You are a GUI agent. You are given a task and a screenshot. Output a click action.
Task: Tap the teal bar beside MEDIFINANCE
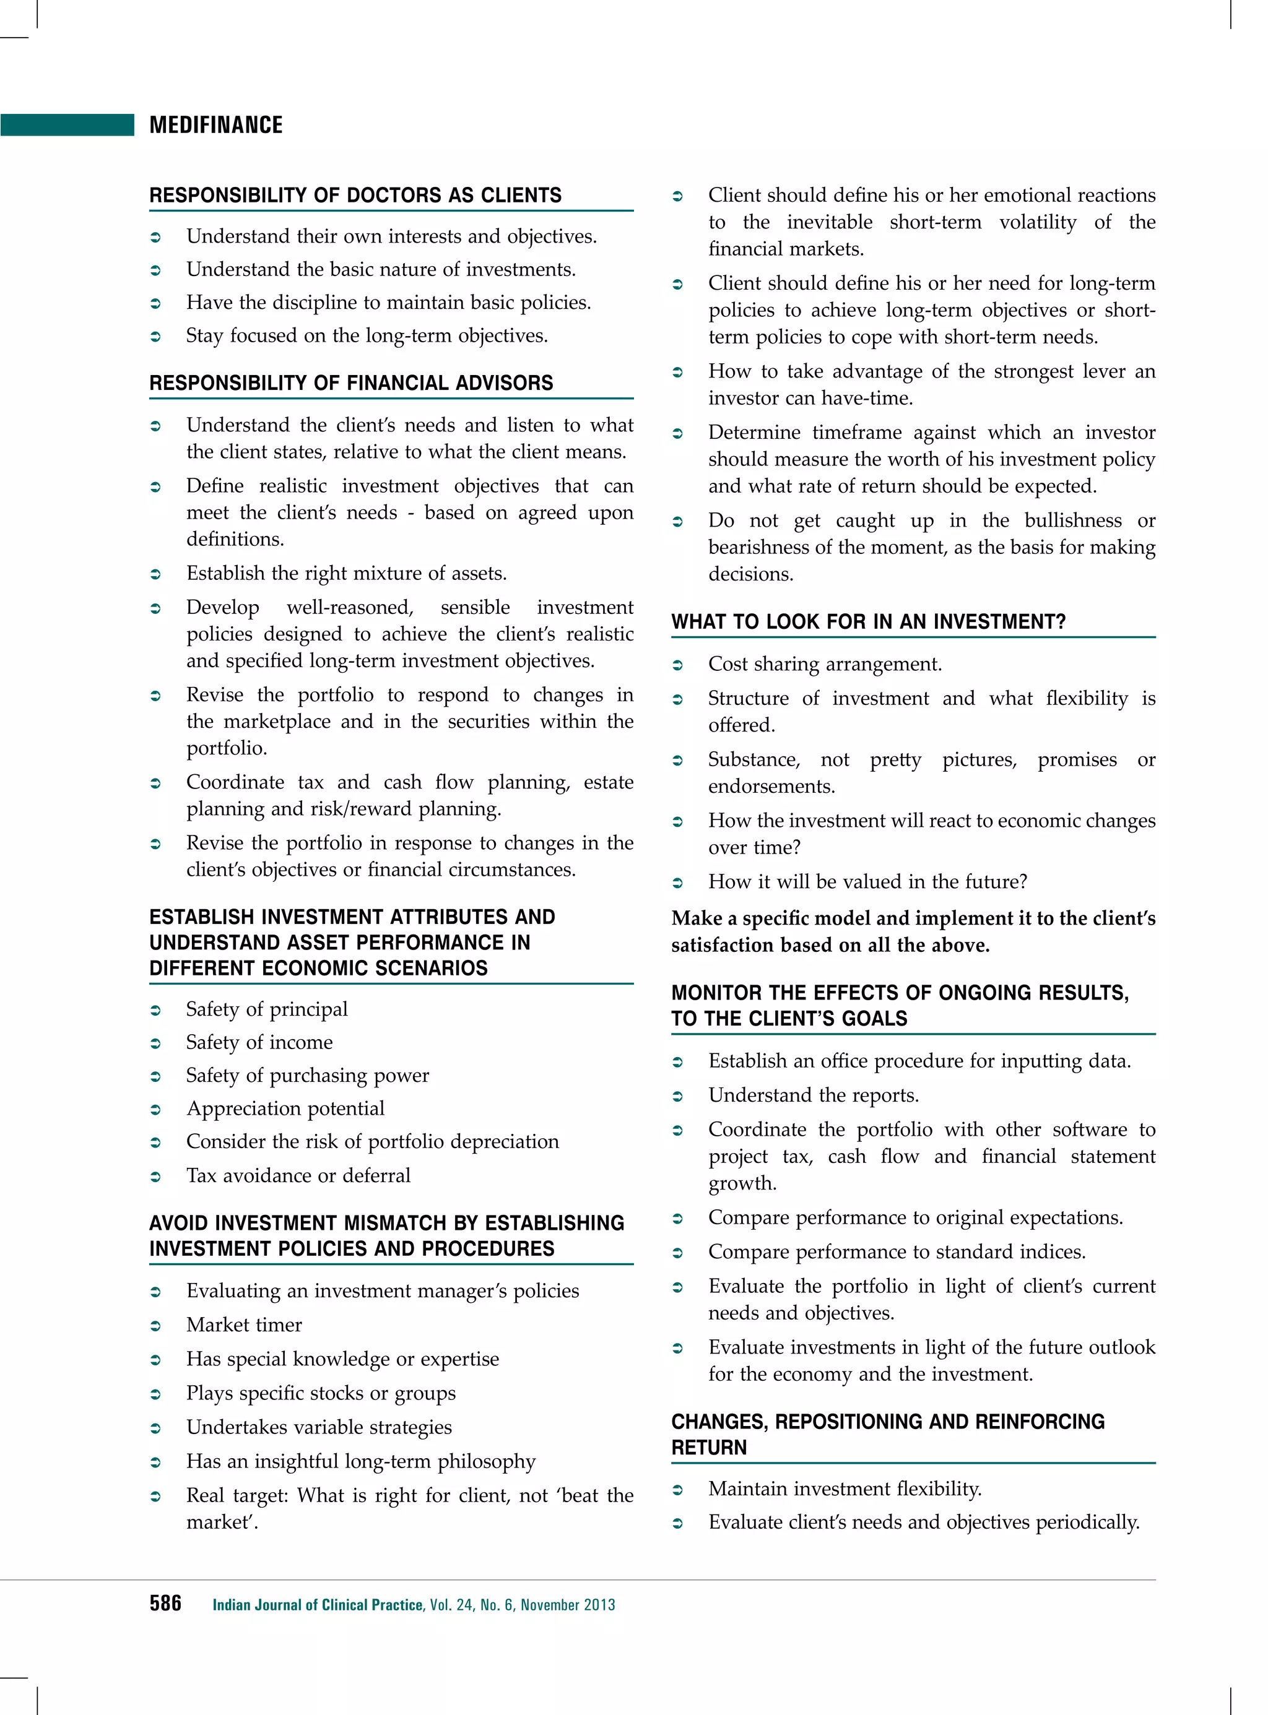tap(67, 125)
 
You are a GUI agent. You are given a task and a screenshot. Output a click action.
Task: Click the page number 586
tap(165, 1603)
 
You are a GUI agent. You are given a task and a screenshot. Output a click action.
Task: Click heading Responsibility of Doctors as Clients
tap(355, 195)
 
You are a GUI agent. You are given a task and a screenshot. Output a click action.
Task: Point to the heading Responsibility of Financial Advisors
tap(351, 383)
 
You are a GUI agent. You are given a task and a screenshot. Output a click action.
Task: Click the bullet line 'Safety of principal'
tap(266, 1009)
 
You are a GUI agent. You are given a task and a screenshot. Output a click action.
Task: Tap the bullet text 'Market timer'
tap(244, 1324)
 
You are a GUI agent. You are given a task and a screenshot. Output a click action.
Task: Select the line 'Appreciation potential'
tap(285, 1108)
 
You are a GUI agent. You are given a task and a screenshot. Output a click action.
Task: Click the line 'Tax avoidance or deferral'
tap(298, 1175)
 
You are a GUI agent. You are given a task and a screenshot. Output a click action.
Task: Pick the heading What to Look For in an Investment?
tap(868, 621)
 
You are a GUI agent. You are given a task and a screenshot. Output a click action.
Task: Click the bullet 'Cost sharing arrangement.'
tap(824, 663)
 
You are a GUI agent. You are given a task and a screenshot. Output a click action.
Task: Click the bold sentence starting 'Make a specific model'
tap(913, 931)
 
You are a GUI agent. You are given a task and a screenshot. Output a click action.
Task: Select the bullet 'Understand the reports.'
tap(813, 1095)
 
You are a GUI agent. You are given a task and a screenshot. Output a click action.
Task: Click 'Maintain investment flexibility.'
tap(845, 1488)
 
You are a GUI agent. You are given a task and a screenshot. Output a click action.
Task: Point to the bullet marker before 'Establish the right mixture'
tap(155, 574)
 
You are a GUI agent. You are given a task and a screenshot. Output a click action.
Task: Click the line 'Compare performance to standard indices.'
tap(897, 1251)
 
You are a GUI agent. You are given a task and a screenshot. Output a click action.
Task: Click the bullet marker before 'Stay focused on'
tap(155, 336)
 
